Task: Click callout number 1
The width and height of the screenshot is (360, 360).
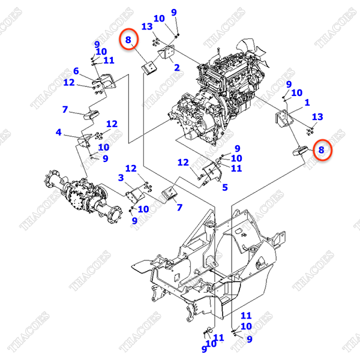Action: point(307,103)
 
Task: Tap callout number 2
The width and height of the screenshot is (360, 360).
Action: point(177,68)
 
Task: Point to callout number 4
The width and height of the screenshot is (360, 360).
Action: point(59,132)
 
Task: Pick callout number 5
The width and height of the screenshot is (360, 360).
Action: point(225,188)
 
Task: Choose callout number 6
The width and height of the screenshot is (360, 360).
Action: point(76,71)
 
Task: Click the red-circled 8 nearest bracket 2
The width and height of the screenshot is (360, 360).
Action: point(128,40)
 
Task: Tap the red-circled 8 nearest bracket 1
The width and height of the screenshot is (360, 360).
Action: point(322,150)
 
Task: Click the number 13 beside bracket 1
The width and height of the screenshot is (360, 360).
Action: point(317,116)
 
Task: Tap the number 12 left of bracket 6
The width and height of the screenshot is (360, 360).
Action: point(69,82)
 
